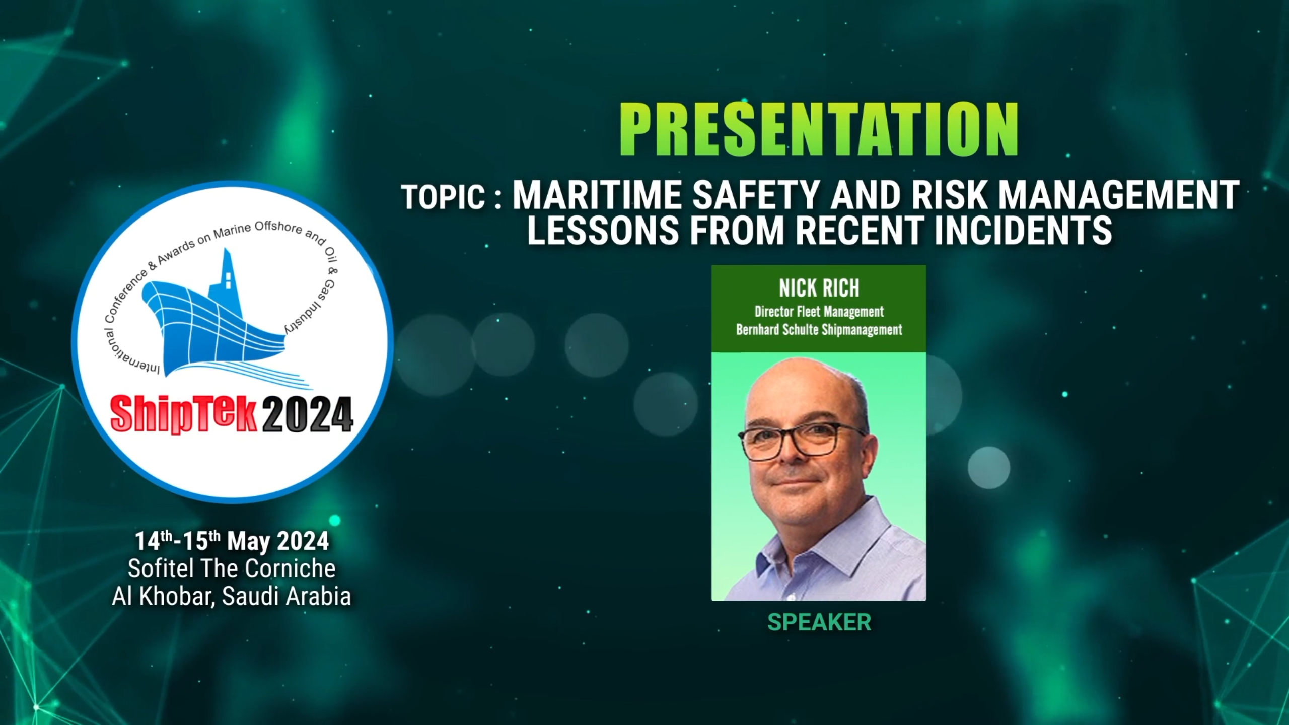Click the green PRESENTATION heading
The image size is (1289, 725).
pyautogui.click(x=819, y=129)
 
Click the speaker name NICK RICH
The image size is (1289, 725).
pyautogui.click(x=819, y=288)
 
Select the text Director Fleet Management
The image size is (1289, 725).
pyautogui.click(x=819, y=312)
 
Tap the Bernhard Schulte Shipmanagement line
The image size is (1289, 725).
pyautogui.click(x=819, y=330)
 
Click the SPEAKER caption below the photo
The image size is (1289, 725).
pyautogui.click(x=819, y=622)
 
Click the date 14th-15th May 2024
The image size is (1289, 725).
pyautogui.click(x=232, y=541)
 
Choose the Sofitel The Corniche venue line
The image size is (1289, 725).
pyautogui.click(x=232, y=569)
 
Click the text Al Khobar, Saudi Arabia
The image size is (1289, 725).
pyautogui.click(x=232, y=597)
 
